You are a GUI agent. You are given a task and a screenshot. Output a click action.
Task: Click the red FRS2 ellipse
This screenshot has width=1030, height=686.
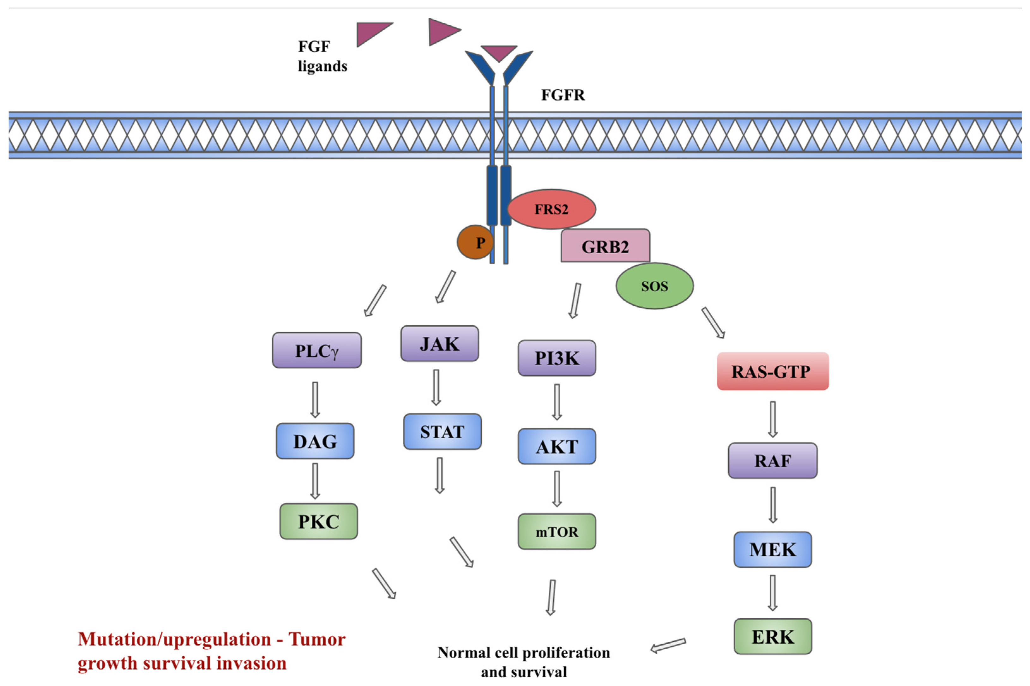(551, 209)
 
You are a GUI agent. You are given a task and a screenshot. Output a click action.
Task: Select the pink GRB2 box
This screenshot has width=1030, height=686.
(605, 246)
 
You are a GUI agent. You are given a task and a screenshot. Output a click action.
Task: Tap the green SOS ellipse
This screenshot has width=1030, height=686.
(654, 286)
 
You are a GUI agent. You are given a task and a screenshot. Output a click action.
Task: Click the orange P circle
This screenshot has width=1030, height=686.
(475, 242)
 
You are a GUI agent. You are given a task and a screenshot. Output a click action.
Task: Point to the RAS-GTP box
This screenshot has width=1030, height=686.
(772, 371)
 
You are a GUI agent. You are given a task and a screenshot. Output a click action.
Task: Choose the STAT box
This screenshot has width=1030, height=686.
(442, 432)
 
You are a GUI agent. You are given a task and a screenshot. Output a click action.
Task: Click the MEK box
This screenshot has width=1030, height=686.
(772, 549)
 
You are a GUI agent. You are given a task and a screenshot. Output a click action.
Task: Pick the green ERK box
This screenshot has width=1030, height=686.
(772, 637)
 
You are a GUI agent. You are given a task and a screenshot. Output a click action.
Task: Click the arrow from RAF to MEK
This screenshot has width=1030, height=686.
(772, 505)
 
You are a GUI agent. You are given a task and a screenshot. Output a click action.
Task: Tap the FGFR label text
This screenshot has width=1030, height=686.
(563, 95)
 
